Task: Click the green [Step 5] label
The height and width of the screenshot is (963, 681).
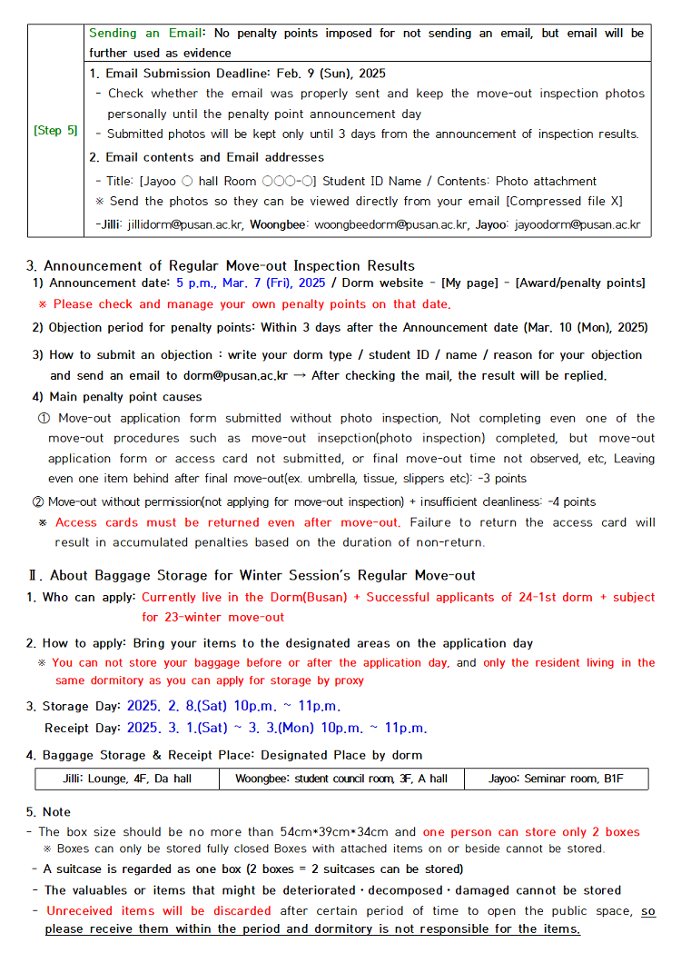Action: tap(55, 131)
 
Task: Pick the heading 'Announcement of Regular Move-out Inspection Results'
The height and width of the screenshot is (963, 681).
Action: tap(229, 266)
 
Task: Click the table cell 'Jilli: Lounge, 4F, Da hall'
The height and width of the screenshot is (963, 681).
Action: tap(128, 779)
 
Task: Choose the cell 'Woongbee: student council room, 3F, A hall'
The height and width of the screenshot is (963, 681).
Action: tap(341, 779)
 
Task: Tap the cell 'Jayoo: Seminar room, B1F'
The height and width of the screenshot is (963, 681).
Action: tap(555, 779)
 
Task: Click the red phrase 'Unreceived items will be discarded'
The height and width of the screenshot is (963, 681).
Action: tap(159, 910)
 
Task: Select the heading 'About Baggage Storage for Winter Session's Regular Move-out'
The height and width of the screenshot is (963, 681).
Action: tap(262, 575)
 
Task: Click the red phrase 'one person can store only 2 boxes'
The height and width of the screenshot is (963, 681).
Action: tap(531, 832)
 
